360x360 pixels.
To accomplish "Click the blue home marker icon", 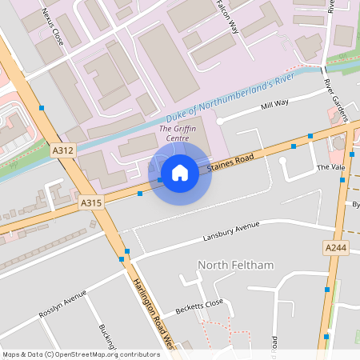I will pos(180,173).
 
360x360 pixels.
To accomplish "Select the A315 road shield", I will pos(91,204).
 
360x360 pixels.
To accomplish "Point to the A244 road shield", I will pos(336,249).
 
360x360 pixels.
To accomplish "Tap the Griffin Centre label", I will pos(177,133).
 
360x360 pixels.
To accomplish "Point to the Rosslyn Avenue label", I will pos(62,303).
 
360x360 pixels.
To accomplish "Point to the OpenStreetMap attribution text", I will pos(81,354).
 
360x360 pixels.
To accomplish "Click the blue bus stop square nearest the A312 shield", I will pos(41,107).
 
